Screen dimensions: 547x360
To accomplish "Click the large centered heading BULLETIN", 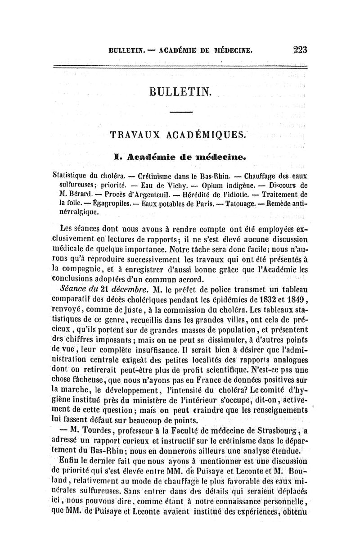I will [182, 92].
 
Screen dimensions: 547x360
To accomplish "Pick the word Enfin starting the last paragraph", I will [68, 459].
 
